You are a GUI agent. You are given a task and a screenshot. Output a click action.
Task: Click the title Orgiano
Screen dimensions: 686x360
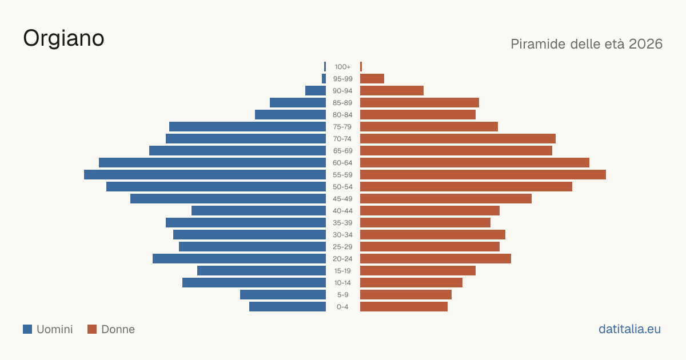tap(63, 39)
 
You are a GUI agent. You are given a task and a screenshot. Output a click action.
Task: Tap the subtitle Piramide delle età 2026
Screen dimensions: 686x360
tap(587, 44)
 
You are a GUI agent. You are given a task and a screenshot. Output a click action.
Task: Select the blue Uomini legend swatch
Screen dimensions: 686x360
tap(27, 329)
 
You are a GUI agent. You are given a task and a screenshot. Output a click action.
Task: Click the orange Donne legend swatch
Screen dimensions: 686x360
tap(92, 329)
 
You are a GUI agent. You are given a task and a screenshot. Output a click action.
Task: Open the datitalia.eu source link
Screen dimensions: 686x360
tap(629, 329)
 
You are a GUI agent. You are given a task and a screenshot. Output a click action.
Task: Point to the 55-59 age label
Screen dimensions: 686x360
tap(342, 175)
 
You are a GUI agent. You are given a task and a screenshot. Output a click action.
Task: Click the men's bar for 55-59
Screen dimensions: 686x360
tap(205, 175)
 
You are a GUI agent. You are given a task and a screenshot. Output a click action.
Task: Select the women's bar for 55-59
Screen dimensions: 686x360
tap(483, 175)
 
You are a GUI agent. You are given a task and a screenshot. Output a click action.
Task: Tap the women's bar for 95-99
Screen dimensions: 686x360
tap(372, 79)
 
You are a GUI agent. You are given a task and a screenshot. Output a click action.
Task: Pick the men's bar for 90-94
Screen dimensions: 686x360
tap(316, 91)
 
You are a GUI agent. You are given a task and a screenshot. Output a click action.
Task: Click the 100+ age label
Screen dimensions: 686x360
tap(342, 67)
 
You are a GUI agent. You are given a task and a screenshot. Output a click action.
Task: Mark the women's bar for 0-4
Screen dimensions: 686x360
tap(404, 307)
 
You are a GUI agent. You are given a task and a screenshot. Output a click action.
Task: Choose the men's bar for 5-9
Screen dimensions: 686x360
tap(283, 295)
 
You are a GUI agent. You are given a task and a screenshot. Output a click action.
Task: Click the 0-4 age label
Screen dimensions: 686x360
tap(342, 307)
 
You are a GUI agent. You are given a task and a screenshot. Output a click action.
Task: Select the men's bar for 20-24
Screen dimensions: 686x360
tap(239, 259)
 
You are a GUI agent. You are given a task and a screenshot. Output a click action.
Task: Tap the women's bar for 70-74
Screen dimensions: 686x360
tap(458, 139)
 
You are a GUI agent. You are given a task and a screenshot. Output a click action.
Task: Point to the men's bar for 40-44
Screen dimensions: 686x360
tap(259, 211)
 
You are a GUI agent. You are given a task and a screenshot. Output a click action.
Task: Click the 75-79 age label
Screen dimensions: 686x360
tap(342, 127)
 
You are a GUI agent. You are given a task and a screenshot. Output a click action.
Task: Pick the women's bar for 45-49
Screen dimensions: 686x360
tap(446, 199)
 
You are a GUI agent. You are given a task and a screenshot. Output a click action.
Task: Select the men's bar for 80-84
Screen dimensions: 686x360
tap(290, 115)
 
